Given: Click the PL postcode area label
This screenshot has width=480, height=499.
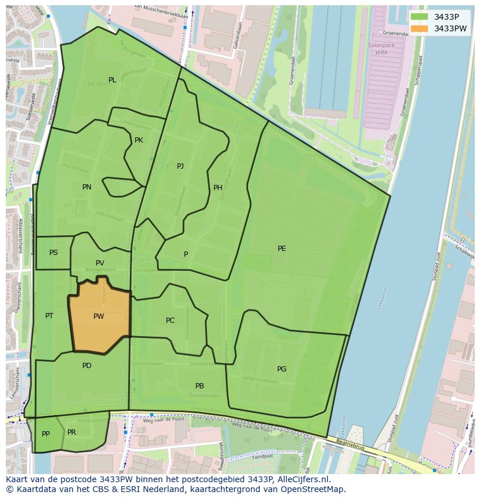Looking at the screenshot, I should [112, 80].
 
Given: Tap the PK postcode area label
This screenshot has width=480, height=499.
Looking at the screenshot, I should [139, 140].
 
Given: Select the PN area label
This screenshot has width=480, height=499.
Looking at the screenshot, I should [87, 187].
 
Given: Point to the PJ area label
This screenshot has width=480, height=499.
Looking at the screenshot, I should [180, 166].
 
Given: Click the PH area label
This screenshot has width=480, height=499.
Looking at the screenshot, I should [218, 188].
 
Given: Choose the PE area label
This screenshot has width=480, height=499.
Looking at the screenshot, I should [282, 249].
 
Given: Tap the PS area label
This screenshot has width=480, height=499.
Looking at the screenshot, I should [53, 253].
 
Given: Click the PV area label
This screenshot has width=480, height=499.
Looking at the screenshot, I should [100, 263].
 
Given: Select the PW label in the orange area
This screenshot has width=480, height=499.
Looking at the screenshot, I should [99, 316].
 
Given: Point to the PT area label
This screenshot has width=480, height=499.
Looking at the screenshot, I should [49, 316].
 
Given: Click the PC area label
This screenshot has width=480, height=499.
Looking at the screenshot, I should [170, 320].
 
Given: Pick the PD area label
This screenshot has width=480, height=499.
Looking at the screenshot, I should [87, 366].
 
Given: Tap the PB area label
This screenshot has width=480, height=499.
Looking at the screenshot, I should [199, 386].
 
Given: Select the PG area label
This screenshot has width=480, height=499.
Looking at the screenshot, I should [282, 369].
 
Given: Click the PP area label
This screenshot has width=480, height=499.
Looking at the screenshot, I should [46, 434].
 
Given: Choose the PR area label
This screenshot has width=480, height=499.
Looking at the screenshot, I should [71, 432].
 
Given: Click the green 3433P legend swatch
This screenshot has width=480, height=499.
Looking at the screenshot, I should [419, 17].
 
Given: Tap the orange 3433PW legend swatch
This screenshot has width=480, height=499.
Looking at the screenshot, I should [419, 28].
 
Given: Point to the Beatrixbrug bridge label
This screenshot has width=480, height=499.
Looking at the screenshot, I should [351, 450].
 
